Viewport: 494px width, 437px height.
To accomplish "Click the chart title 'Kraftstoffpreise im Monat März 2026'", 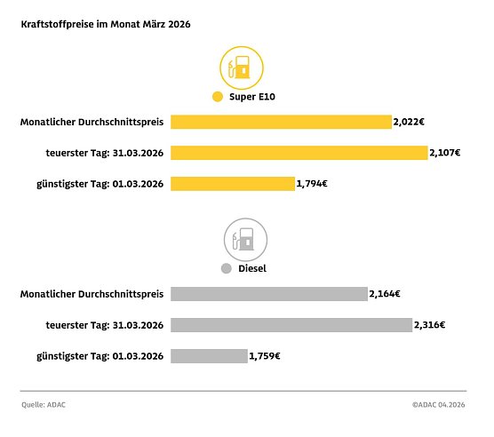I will tap(105, 26).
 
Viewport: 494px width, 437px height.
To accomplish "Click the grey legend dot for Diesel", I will tap(226, 267).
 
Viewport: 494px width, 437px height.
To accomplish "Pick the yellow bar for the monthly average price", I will tap(281, 122).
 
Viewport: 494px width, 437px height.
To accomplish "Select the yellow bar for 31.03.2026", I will tap(299, 153).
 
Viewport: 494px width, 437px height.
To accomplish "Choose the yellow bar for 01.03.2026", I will tap(232, 184).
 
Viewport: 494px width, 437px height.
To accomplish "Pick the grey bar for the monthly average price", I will tap(268, 294).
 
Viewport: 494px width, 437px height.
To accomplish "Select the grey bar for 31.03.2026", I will tap(291, 325).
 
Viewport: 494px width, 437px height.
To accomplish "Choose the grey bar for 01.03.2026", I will tap(209, 356).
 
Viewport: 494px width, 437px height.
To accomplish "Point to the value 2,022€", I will tap(409, 122).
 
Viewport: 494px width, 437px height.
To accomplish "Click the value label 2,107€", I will tap(444, 153).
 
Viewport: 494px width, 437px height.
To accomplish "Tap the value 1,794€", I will tap(312, 184).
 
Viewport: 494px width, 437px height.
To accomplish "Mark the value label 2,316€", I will tap(429, 325).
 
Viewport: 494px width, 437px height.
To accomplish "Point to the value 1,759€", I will tap(265, 356).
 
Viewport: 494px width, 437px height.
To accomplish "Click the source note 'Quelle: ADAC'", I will tap(44, 405).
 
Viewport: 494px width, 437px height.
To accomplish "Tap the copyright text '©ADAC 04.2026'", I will tap(439, 405).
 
